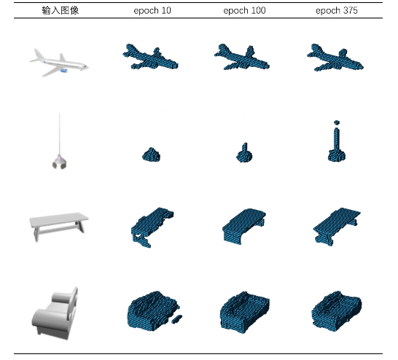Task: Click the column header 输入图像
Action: click(61, 10)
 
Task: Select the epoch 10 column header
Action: click(152, 11)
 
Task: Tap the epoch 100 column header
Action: click(244, 11)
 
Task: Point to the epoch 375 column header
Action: click(337, 11)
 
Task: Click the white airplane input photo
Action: click(59, 63)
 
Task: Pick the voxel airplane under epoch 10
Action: click(150, 58)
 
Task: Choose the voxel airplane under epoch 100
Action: click(242, 58)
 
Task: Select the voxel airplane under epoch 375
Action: click(335, 58)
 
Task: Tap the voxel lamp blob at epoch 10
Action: click(152, 154)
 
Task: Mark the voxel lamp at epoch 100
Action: click(244, 153)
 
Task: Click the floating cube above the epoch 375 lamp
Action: click(337, 122)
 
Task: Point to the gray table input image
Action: click(59, 226)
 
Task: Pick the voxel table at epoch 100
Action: click(244, 226)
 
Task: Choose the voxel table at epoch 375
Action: click(337, 227)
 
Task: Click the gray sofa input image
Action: click(55, 313)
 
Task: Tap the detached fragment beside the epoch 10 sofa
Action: click(176, 319)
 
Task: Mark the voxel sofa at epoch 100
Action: click(245, 312)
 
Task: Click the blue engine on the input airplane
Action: click(63, 71)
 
